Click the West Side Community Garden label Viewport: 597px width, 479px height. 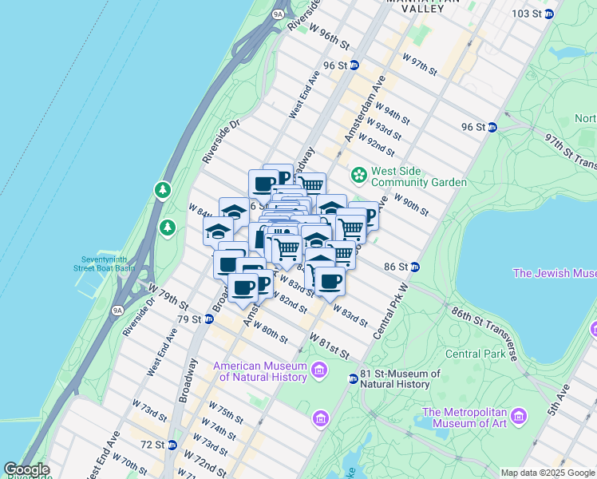coord(418,176)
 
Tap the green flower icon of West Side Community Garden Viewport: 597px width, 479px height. coord(359,174)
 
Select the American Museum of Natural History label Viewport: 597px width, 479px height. coord(260,372)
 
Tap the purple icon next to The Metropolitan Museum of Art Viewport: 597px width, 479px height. coord(520,416)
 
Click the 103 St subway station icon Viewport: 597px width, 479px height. coord(549,14)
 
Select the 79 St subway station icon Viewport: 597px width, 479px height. coord(208,319)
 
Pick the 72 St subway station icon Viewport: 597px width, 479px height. coord(172,445)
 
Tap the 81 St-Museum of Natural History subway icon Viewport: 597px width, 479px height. coord(353,378)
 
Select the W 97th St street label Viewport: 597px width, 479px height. coord(420,65)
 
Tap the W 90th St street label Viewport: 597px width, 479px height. coord(411,206)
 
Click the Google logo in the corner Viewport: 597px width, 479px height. coord(26,470)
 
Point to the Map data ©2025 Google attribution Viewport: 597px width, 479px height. coord(548,473)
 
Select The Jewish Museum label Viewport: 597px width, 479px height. coord(554,274)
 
